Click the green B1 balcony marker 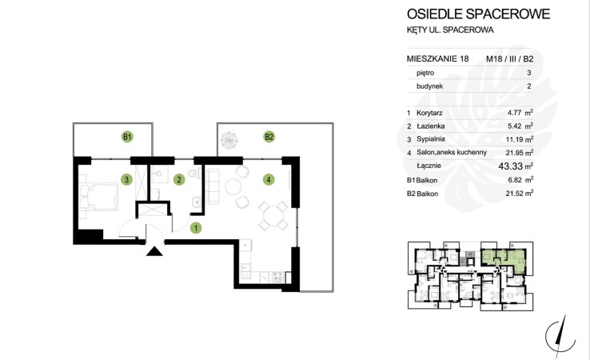[128, 137]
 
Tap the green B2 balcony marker [269, 137]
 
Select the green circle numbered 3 [126, 180]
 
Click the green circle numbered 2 [179, 180]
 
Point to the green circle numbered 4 [269, 180]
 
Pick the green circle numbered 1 [196, 228]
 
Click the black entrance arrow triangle [154, 251]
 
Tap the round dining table [273, 218]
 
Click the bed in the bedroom [99, 196]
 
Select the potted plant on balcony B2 [229, 140]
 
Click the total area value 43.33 [511, 166]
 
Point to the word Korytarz [429, 113]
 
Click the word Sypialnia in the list [430, 139]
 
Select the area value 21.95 [513, 153]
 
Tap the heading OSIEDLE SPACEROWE [478, 14]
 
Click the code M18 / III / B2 [510, 58]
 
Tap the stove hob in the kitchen [277, 277]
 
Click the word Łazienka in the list [430, 126]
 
